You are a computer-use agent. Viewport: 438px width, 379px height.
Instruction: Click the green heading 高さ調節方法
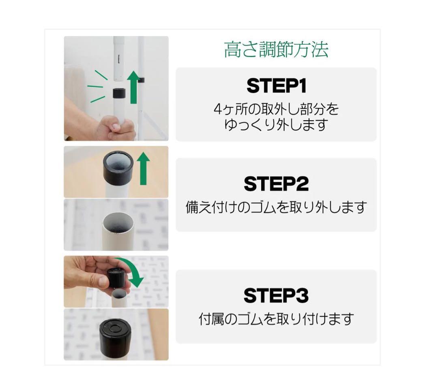pos(276,50)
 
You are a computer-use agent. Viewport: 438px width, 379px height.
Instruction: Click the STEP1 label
pos(277,86)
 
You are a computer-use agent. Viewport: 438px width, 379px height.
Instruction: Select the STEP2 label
pos(276,184)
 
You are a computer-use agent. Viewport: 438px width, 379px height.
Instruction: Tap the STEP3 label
pos(276,296)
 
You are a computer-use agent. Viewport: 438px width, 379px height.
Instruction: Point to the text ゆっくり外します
pos(276,125)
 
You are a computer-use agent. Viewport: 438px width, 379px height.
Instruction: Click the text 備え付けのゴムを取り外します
pos(276,207)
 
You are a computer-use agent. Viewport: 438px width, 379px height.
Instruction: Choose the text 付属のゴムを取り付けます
pos(276,319)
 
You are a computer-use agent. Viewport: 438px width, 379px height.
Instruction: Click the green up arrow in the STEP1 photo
pos(133,87)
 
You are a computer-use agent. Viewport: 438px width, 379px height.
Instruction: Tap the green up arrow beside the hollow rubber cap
pos(143,169)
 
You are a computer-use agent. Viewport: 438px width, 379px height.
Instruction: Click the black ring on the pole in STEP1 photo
pos(119,93)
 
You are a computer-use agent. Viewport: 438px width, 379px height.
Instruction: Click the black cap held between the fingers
pos(117,278)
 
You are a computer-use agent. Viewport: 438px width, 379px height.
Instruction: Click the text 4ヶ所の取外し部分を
pos(276,109)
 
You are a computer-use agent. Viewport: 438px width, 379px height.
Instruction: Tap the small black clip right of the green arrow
pos(142,80)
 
